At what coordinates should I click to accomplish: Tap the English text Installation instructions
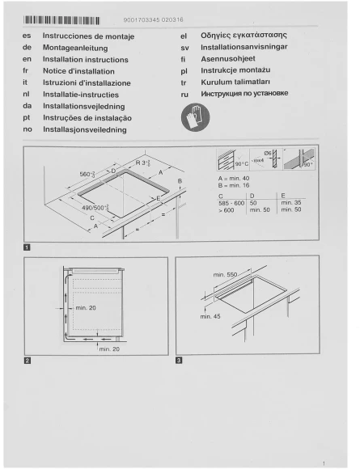pyautogui.click(x=85, y=60)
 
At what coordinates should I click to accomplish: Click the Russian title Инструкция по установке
pyautogui.click(x=244, y=94)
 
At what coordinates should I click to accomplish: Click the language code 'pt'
pyautogui.click(x=28, y=117)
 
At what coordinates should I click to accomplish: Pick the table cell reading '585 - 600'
pyautogui.click(x=231, y=202)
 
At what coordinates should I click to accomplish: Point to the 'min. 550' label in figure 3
pyautogui.click(x=226, y=275)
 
